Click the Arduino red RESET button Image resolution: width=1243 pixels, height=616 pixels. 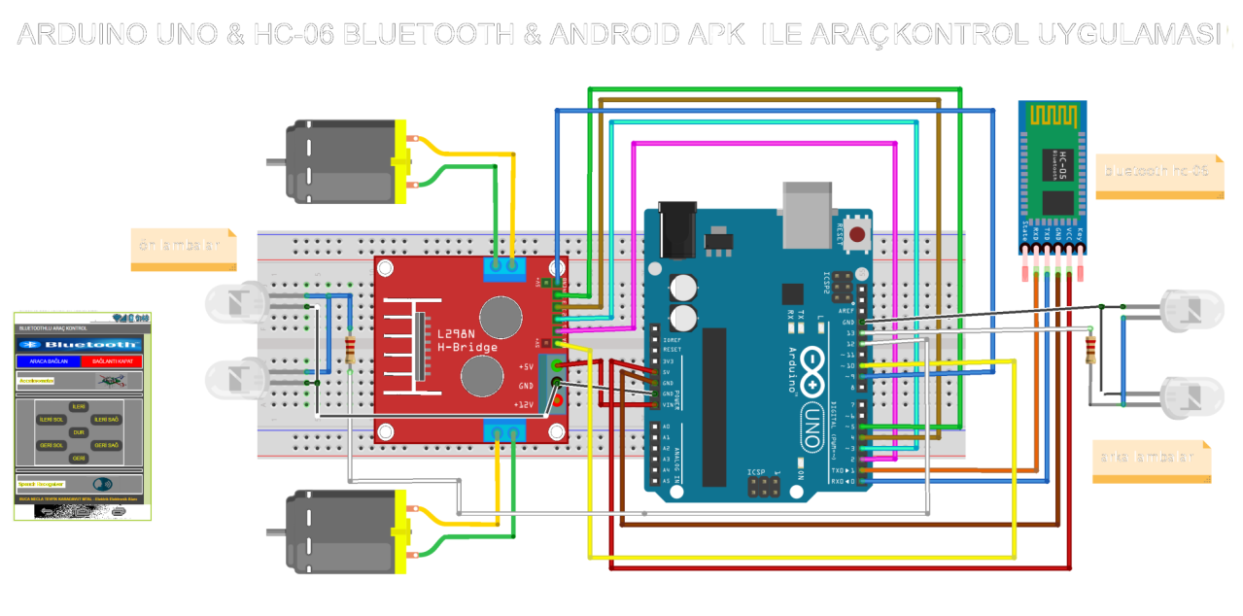tap(857, 233)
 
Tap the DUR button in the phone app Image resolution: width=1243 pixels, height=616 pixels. tap(80, 432)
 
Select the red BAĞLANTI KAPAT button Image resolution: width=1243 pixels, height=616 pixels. tap(112, 360)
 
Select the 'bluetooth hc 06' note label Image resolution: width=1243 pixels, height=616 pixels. tap(1157, 171)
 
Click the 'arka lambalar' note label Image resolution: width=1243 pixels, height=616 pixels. tap(1154, 458)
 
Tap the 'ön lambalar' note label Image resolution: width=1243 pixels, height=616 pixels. tap(182, 247)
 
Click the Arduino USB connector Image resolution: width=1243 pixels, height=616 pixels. tap(807, 212)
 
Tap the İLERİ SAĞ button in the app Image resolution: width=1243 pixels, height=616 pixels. tap(106, 419)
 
